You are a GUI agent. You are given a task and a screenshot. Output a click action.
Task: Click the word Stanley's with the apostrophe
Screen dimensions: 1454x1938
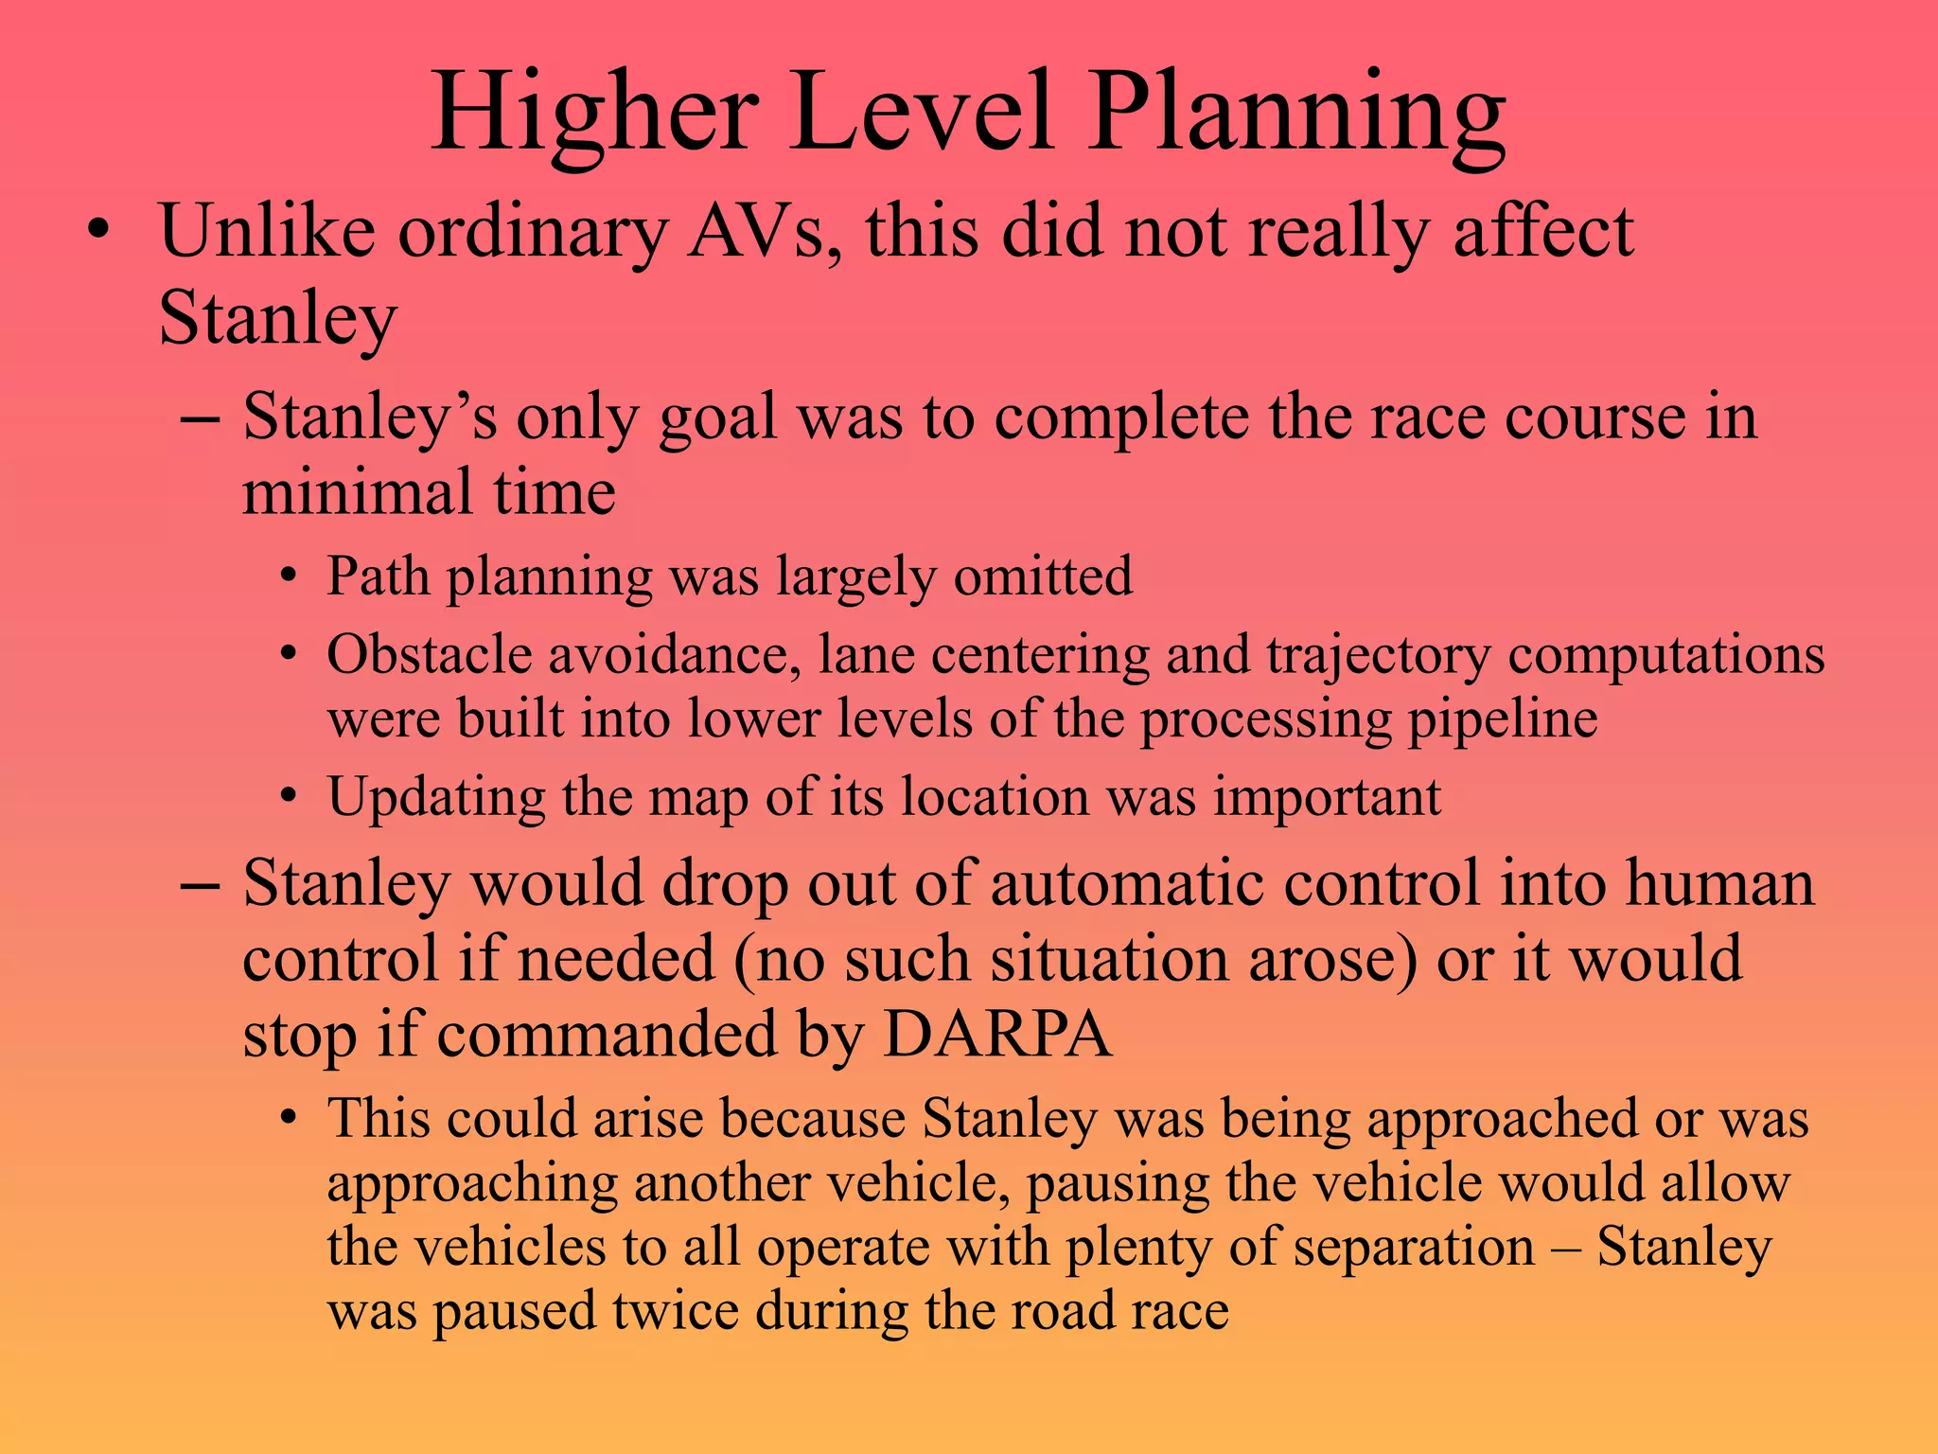(369, 417)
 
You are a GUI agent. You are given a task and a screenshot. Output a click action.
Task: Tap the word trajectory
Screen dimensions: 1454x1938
(1377, 656)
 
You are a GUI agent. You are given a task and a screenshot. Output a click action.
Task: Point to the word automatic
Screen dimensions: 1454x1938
(1126, 883)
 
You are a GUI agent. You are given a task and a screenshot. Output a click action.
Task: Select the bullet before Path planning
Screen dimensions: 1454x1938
(289, 576)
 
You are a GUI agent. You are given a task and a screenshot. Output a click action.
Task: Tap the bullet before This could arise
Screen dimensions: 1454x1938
(289, 1119)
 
